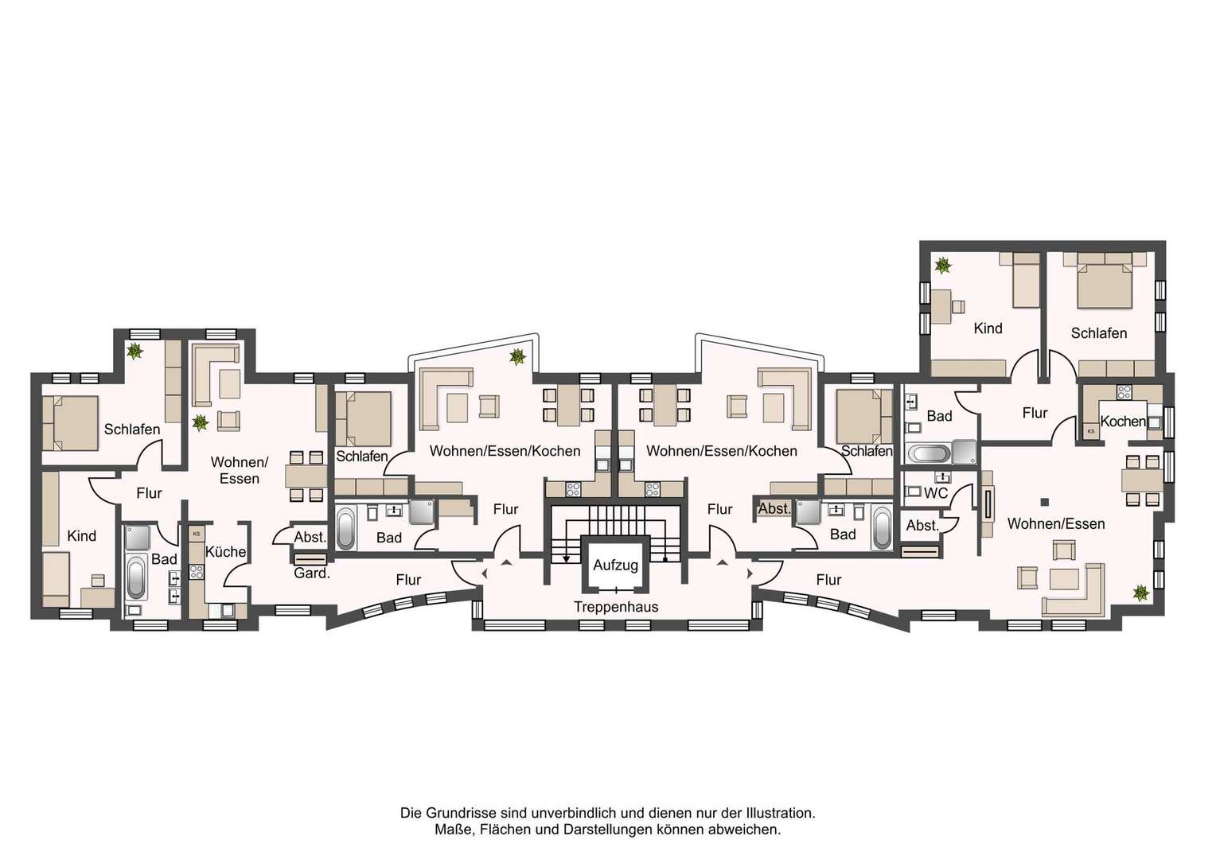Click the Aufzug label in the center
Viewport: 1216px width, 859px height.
coord(616,565)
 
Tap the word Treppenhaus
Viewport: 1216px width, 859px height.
coord(616,607)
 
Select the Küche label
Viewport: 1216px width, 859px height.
coord(226,551)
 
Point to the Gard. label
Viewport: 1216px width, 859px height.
coord(312,573)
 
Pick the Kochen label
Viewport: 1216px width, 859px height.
coord(1123,421)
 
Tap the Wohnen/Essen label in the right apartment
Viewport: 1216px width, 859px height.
coord(1056,523)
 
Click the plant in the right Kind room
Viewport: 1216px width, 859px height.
coord(943,266)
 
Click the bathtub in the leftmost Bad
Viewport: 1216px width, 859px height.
coord(136,577)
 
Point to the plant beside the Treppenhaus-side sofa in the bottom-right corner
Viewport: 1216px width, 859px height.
coord(1140,593)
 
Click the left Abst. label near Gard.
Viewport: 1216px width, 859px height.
coord(310,537)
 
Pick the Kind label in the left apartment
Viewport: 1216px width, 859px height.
coord(81,536)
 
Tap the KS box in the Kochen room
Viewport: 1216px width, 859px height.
coord(1090,431)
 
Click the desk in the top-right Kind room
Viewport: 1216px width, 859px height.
coord(942,306)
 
